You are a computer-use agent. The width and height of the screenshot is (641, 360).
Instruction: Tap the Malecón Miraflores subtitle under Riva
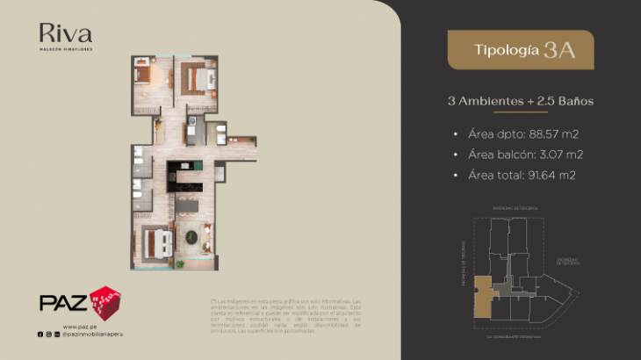pos(65,49)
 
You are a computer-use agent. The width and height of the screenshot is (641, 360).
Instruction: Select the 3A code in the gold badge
pos(559,49)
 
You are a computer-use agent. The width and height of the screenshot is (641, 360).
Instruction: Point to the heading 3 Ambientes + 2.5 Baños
pos(521,101)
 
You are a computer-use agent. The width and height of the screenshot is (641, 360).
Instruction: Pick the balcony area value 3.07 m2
pos(557,155)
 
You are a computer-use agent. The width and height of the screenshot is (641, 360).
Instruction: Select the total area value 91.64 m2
pos(552,175)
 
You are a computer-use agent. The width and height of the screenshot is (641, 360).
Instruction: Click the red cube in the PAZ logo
pos(105,301)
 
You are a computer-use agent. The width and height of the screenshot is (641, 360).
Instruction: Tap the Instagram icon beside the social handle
pos(49,335)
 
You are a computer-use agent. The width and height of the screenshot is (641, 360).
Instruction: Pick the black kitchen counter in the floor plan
pos(186,172)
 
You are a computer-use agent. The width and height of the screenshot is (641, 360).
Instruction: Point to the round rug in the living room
pos(191,235)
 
